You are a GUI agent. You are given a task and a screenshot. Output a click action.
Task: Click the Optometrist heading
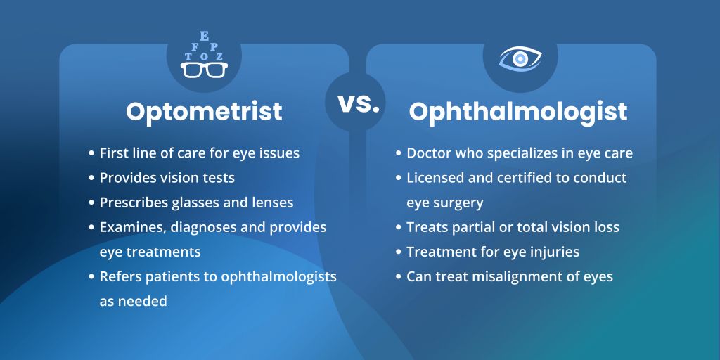point(204,112)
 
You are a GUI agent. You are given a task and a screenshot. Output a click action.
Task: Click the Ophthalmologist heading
point(518,112)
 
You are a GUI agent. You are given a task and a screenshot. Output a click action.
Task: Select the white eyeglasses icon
point(204,70)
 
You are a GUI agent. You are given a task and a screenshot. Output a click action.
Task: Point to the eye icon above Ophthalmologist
point(520,58)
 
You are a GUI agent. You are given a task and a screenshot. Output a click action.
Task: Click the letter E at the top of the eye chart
point(203,36)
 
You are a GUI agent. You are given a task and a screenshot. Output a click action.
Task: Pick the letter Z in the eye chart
point(219,57)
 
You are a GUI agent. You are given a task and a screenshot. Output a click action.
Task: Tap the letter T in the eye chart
point(188,57)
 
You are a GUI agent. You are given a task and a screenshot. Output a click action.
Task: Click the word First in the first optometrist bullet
point(113,153)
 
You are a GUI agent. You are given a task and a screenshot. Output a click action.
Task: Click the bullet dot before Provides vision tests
point(92,178)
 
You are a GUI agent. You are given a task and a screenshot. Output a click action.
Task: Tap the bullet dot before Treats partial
point(399,227)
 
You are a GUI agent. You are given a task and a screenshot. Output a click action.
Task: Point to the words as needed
point(133,302)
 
